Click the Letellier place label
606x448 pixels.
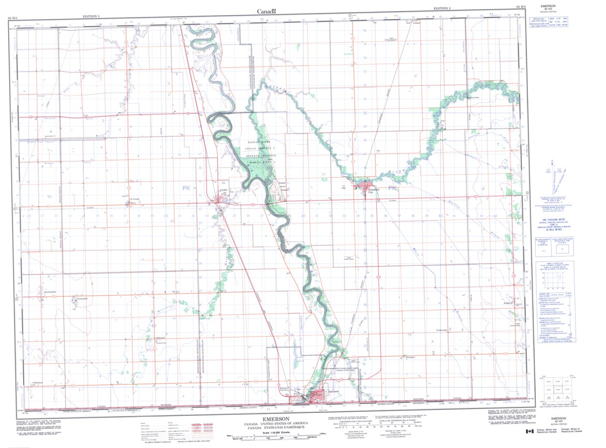224,190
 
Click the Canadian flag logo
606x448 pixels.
529,431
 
